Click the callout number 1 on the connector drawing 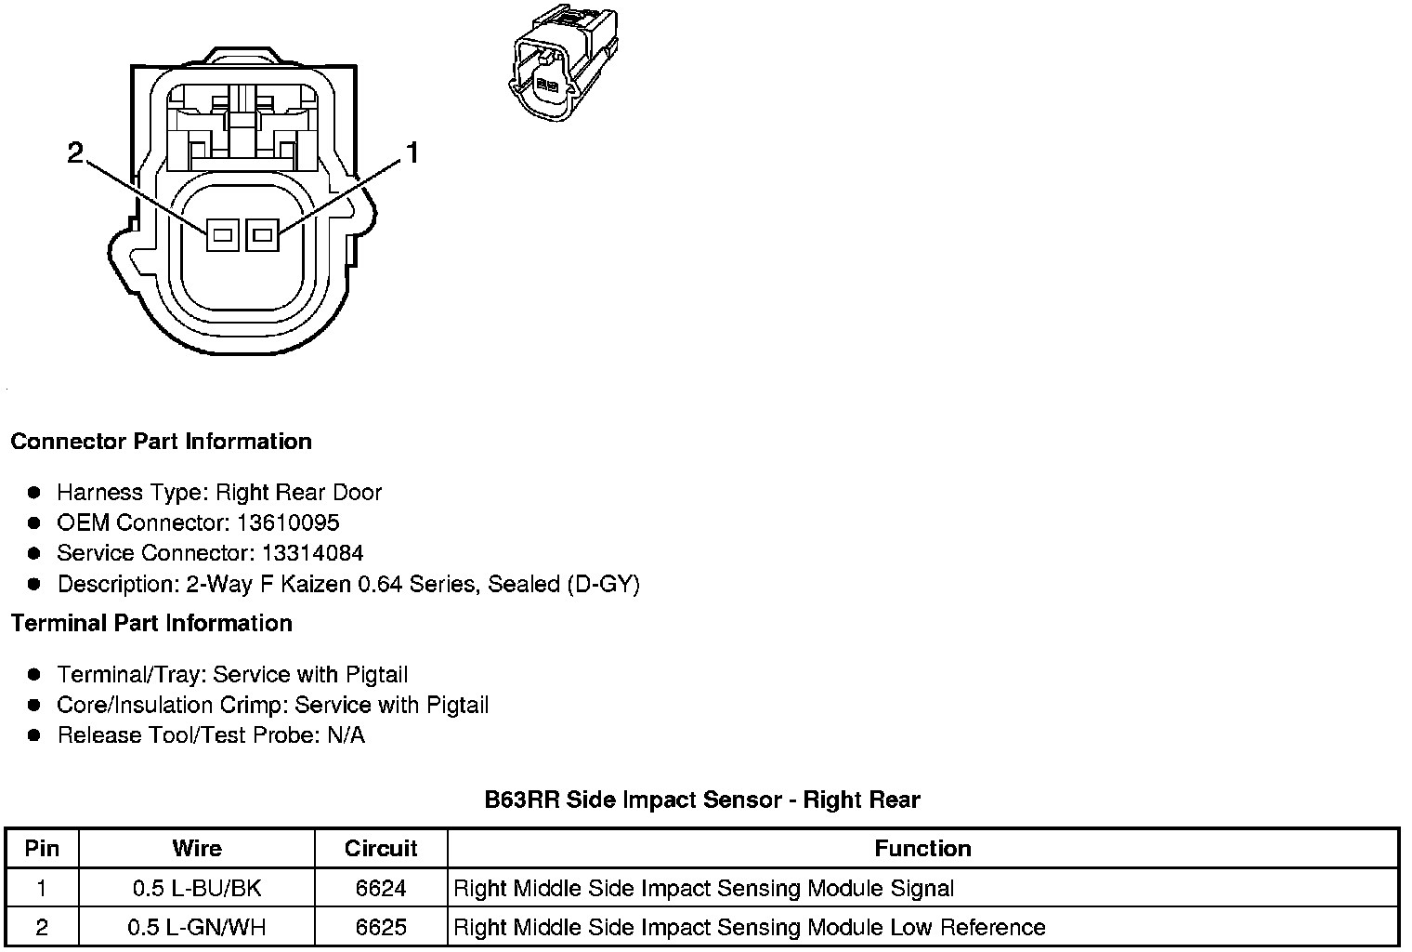pyautogui.click(x=412, y=152)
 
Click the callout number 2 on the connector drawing pyautogui.click(x=75, y=152)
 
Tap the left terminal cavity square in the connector pyautogui.click(x=221, y=235)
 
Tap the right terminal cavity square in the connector pyautogui.click(x=262, y=235)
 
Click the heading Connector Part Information pyautogui.click(x=161, y=442)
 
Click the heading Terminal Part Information pyautogui.click(x=151, y=623)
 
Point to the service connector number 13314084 pyautogui.click(x=312, y=553)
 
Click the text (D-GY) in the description pyautogui.click(x=602, y=584)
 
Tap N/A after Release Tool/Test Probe pyautogui.click(x=346, y=735)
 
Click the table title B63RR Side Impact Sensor pyautogui.click(x=701, y=800)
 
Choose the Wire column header pyautogui.click(x=197, y=848)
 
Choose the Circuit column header pyautogui.click(x=381, y=848)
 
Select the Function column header pyautogui.click(x=922, y=848)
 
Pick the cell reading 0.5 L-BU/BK pyautogui.click(x=197, y=888)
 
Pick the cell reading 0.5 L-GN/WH pyautogui.click(x=197, y=927)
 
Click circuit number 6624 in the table pyautogui.click(x=381, y=888)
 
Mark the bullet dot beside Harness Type pyautogui.click(x=34, y=492)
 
